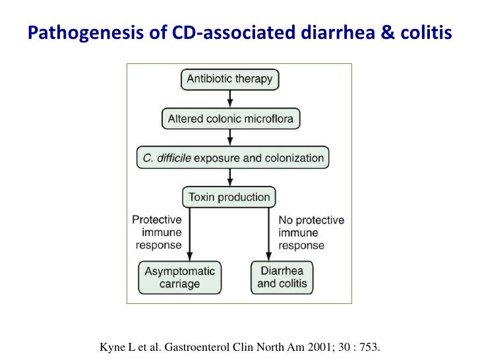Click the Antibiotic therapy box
point(229,79)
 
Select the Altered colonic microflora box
point(229,119)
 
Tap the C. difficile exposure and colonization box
point(229,158)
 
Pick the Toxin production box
point(229,196)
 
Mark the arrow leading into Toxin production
point(229,177)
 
